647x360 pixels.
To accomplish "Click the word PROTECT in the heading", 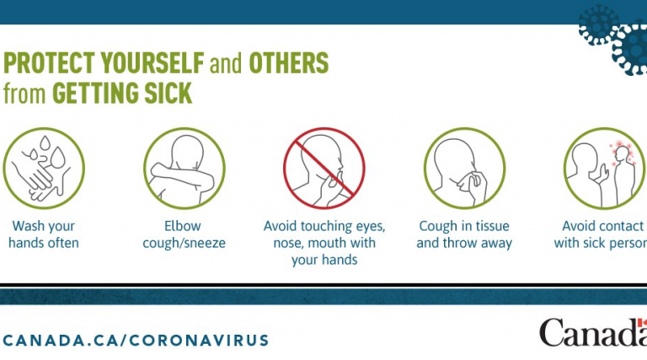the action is click(49, 62).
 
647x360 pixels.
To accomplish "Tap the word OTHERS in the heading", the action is click(289, 62).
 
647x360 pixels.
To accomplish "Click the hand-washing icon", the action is click(44, 168).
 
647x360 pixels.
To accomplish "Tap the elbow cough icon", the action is click(184, 168).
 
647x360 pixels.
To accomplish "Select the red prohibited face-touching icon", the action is click(323, 168).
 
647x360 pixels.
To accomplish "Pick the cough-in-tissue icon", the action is click(465, 168).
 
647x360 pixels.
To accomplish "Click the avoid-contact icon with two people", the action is click(604, 168).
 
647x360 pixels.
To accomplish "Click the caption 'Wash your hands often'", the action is click(44, 234).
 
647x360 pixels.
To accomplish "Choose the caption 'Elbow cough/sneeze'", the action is click(184, 234).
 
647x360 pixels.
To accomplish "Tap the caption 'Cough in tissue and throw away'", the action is click(464, 234).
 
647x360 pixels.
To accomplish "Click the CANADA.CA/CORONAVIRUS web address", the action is click(136, 341).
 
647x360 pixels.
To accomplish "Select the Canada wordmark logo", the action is click(593, 332).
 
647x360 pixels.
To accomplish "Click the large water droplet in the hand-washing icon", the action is click(58, 158).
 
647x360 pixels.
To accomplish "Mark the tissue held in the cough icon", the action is click(466, 181).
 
